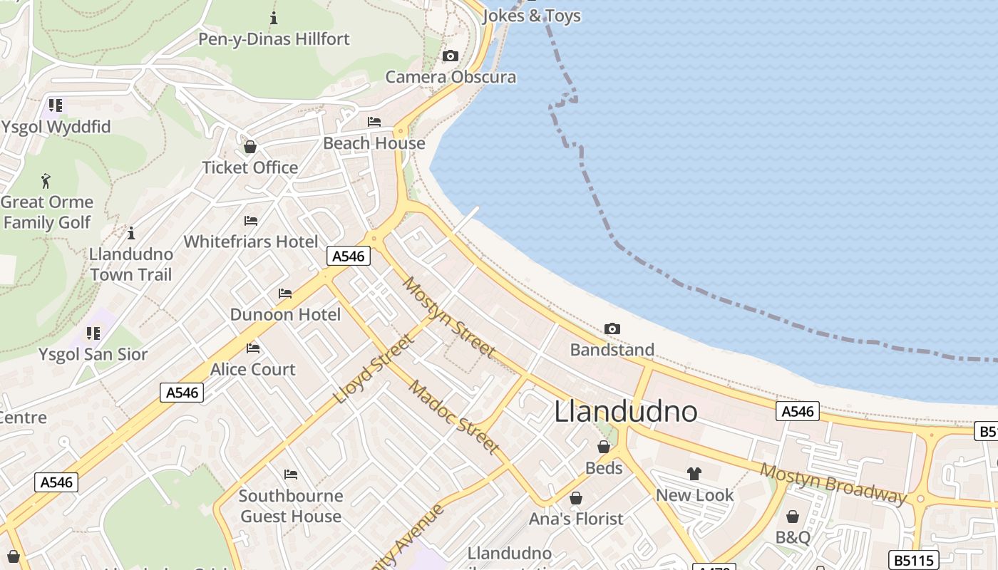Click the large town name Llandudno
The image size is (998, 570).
click(x=625, y=412)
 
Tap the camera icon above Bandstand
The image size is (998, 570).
click(x=612, y=328)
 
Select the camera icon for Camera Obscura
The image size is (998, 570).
click(x=450, y=56)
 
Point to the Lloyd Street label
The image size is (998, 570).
click(x=374, y=369)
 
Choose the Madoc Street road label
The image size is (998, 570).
click(x=453, y=418)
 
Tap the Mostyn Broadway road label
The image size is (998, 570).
click(x=833, y=483)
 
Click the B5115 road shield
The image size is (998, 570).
click(x=913, y=559)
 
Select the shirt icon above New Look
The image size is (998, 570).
click(x=694, y=473)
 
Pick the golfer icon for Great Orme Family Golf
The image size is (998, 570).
click(x=46, y=181)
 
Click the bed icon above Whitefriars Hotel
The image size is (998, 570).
click(x=251, y=221)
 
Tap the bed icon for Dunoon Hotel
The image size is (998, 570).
click(x=285, y=294)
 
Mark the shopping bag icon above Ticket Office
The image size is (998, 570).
click(x=249, y=147)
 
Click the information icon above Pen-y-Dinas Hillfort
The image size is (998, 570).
click(x=274, y=18)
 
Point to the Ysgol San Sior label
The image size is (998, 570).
click(x=93, y=354)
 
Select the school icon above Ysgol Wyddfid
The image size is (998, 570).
click(x=56, y=105)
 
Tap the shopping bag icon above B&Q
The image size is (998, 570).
click(x=792, y=517)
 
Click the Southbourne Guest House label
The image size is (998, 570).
click(x=291, y=506)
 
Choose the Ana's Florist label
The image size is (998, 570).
click(x=576, y=519)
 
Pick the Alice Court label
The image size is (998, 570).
click(x=252, y=369)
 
